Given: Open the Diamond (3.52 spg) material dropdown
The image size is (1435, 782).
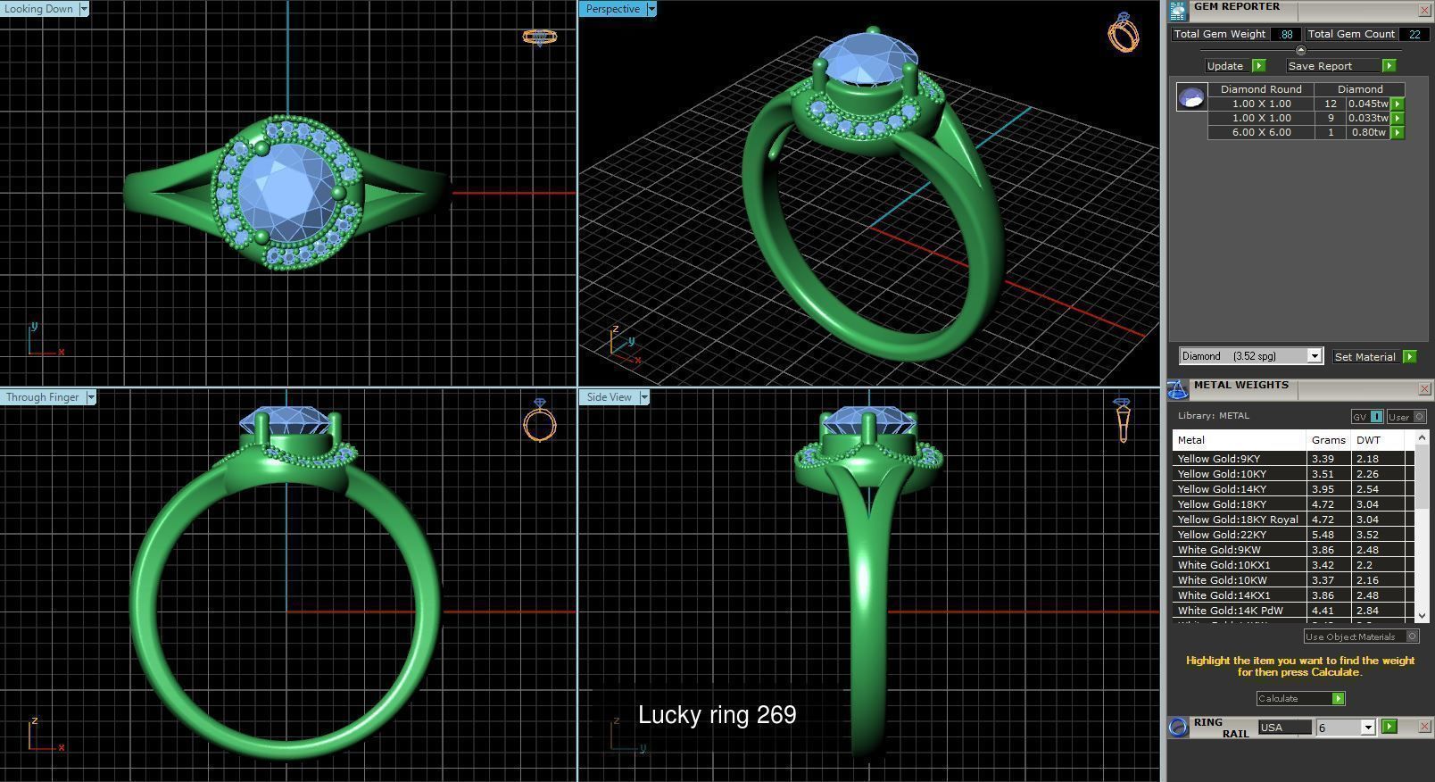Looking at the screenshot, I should tap(1314, 356).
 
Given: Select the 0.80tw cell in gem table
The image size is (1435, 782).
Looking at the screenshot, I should tap(1368, 132).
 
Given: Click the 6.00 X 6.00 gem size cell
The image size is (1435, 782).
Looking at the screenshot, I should tap(1260, 132).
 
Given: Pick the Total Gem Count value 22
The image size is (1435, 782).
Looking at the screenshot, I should tap(1414, 34).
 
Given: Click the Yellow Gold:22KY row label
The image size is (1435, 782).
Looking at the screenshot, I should tap(1222, 535).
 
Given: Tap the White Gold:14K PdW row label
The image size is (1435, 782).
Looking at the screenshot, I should tap(1230, 611).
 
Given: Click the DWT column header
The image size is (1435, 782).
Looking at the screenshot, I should tap(1367, 440).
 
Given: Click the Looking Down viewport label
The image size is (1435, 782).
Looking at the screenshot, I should tap(39, 9).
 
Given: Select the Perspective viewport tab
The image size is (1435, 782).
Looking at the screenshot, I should tap(613, 9).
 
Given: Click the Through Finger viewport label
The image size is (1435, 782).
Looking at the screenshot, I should tap(43, 397).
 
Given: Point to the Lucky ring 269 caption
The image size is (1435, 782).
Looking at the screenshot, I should tap(717, 715).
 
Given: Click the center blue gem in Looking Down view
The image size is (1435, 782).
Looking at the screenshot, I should tap(288, 190).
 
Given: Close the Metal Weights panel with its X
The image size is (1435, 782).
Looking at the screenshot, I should tap(1424, 388).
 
